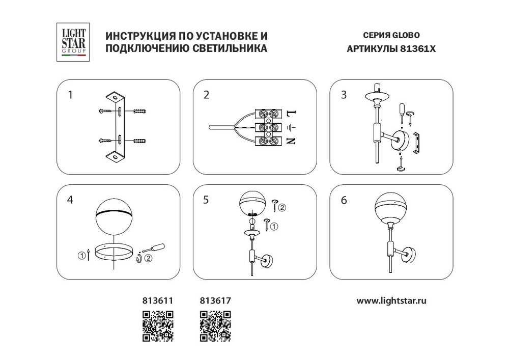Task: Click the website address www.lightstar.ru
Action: point(391,300)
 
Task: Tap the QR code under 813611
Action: point(158,325)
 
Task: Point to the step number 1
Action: point(71,95)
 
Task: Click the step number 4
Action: point(70,200)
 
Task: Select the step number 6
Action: point(344,200)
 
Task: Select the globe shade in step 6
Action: point(391,208)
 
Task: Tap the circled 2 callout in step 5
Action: point(281,207)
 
